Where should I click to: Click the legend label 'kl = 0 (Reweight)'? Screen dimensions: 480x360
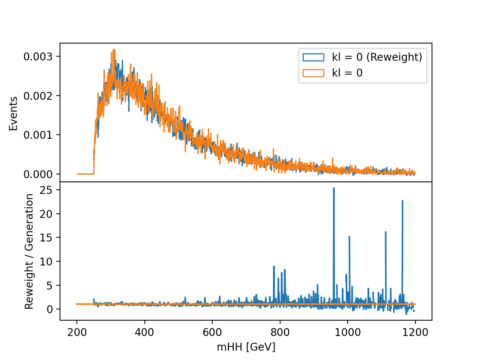(x=377, y=57)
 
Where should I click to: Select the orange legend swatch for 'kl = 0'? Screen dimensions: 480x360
(x=313, y=73)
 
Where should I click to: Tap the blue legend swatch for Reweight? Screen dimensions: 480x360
(x=313, y=57)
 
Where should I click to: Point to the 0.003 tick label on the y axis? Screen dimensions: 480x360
(x=38, y=57)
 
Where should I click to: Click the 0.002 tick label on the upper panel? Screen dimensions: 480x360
(x=38, y=96)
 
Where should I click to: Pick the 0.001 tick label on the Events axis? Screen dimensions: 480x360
(x=38, y=135)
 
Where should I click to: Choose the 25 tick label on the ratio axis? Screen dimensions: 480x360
(x=46, y=190)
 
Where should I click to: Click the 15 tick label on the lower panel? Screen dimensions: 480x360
(x=46, y=237)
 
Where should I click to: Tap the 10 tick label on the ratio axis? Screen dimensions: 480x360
(x=46, y=261)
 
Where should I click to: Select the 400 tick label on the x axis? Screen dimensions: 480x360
(x=144, y=332)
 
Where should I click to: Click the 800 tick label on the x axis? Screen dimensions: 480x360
(x=280, y=332)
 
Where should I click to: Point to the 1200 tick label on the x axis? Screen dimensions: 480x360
(x=415, y=332)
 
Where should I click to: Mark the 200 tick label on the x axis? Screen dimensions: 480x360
(x=77, y=332)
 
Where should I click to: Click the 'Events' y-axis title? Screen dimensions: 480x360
(x=13, y=114)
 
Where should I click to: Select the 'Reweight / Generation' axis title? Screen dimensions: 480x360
(x=29, y=251)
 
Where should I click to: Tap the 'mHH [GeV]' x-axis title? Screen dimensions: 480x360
(x=246, y=347)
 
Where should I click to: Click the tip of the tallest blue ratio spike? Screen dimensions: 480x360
(x=334, y=188)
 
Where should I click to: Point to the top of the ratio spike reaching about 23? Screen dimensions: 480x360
(x=402, y=201)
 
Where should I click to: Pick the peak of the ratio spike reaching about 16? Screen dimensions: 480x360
(x=385, y=232)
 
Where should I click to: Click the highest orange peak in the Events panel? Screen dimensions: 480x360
(x=114, y=49)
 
